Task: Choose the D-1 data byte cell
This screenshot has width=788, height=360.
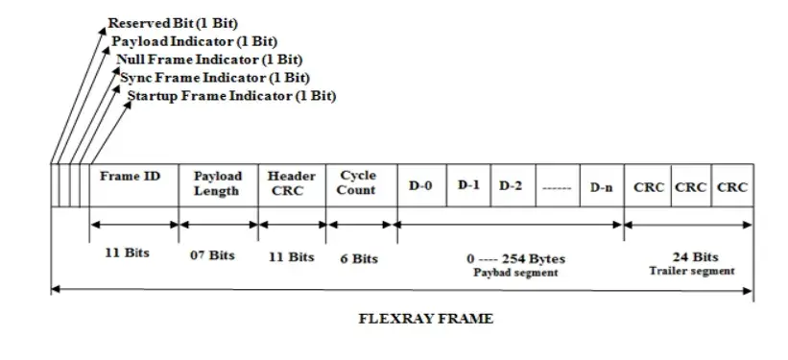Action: pyautogui.click(x=467, y=184)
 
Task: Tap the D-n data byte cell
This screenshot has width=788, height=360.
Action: pyautogui.click(x=602, y=185)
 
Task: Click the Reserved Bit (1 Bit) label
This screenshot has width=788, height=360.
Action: pyautogui.click(x=173, y=22)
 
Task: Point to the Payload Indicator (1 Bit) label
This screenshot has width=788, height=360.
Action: pyautogui.click(x=194, y=41)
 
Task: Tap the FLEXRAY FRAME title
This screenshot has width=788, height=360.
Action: pyautogui.click(x=419, y=318)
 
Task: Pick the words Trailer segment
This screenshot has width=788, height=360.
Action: pyautogui.click(x=693, y=271)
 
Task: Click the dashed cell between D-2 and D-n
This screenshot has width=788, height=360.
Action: pyautogui.click(x=557, y=185)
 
